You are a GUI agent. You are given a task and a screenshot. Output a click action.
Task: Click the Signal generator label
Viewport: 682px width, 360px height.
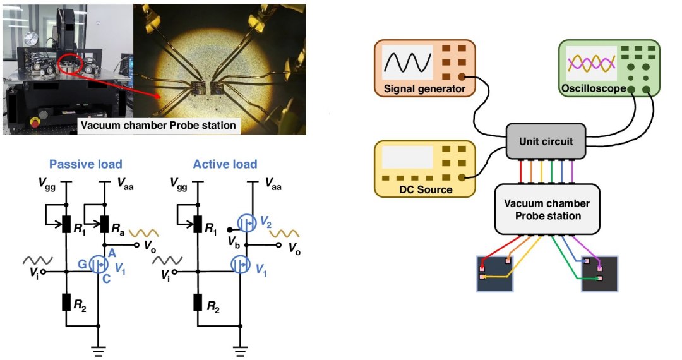pos(424,89)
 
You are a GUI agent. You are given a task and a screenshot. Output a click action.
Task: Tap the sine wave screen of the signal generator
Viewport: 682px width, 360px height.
pos(407,62)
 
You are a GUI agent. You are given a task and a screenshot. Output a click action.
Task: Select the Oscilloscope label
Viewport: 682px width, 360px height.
pos(593,88)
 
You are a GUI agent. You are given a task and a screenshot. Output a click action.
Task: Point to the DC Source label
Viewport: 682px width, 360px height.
pos(426,189)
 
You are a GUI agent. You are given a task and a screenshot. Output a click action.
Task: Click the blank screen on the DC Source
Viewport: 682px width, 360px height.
pos(407,157)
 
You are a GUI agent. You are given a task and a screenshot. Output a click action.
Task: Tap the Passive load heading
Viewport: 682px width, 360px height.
pos(86,164)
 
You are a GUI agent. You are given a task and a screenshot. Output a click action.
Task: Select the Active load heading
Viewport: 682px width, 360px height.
pos(225,164)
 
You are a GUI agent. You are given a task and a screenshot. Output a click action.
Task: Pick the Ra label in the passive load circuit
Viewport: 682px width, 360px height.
pos(118,229)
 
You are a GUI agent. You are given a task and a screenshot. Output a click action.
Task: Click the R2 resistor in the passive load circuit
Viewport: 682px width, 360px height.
pos(66,302)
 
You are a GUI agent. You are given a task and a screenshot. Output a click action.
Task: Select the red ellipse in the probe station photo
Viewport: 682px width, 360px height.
pos(70,64)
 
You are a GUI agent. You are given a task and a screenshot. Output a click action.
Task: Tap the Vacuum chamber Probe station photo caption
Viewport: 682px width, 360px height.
pos(158,126)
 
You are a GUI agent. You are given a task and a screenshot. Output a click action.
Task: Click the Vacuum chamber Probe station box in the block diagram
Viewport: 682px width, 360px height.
pos(547,210)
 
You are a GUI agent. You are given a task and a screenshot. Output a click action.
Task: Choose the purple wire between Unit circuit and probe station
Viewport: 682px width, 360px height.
pos(573,172)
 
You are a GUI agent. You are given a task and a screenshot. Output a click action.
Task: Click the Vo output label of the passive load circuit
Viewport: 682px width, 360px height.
pos(150,246)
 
